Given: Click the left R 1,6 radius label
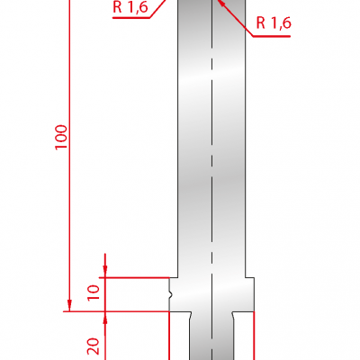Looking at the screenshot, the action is pos(130,7).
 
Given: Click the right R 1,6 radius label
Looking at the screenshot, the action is pos(274,22).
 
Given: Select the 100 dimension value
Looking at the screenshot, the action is pos(61,137).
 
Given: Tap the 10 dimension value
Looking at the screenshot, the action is pos(94,292).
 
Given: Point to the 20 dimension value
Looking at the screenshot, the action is pos(94,346).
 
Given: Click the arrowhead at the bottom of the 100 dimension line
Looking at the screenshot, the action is pos(69,305).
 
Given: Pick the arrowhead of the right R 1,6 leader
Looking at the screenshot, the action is pos(221,4).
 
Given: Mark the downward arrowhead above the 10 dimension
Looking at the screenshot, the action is pos(105,272).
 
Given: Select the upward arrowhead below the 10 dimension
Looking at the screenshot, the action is pos(105,318).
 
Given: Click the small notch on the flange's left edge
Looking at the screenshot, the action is pos(171,295).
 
